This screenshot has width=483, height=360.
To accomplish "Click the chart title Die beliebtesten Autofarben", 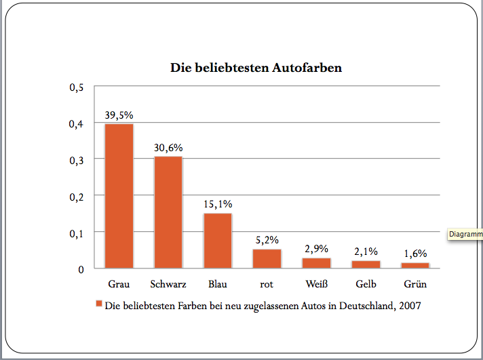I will tap(255, 68).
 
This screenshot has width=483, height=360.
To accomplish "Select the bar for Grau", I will tap(119, 196).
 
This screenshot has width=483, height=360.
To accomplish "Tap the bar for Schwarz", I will tap(168, 212).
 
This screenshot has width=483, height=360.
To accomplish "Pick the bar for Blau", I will tap(218, 241).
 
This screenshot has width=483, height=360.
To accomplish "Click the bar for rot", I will tap(267, 259).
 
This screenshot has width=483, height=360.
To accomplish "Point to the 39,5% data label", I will tap(119, 115).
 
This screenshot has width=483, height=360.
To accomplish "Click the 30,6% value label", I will tap(168, 147).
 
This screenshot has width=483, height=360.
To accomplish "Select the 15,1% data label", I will tap(218, 203).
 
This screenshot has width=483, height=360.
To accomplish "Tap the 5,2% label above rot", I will tap(267, 240).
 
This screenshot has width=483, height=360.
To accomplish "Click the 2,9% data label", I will tap(316, 248).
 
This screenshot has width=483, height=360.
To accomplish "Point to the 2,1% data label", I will tap(366, 251).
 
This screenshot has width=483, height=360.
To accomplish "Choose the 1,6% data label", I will tap(414, 253).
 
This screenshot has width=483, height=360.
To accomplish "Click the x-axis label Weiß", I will tap(316, 283).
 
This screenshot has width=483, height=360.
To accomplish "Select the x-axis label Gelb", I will tap(366, 283).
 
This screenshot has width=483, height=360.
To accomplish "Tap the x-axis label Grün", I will tap(414, 283).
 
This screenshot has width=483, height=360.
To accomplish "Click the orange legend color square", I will tap(99, 305).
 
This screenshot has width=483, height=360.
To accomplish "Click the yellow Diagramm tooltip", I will tap(465, 235).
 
